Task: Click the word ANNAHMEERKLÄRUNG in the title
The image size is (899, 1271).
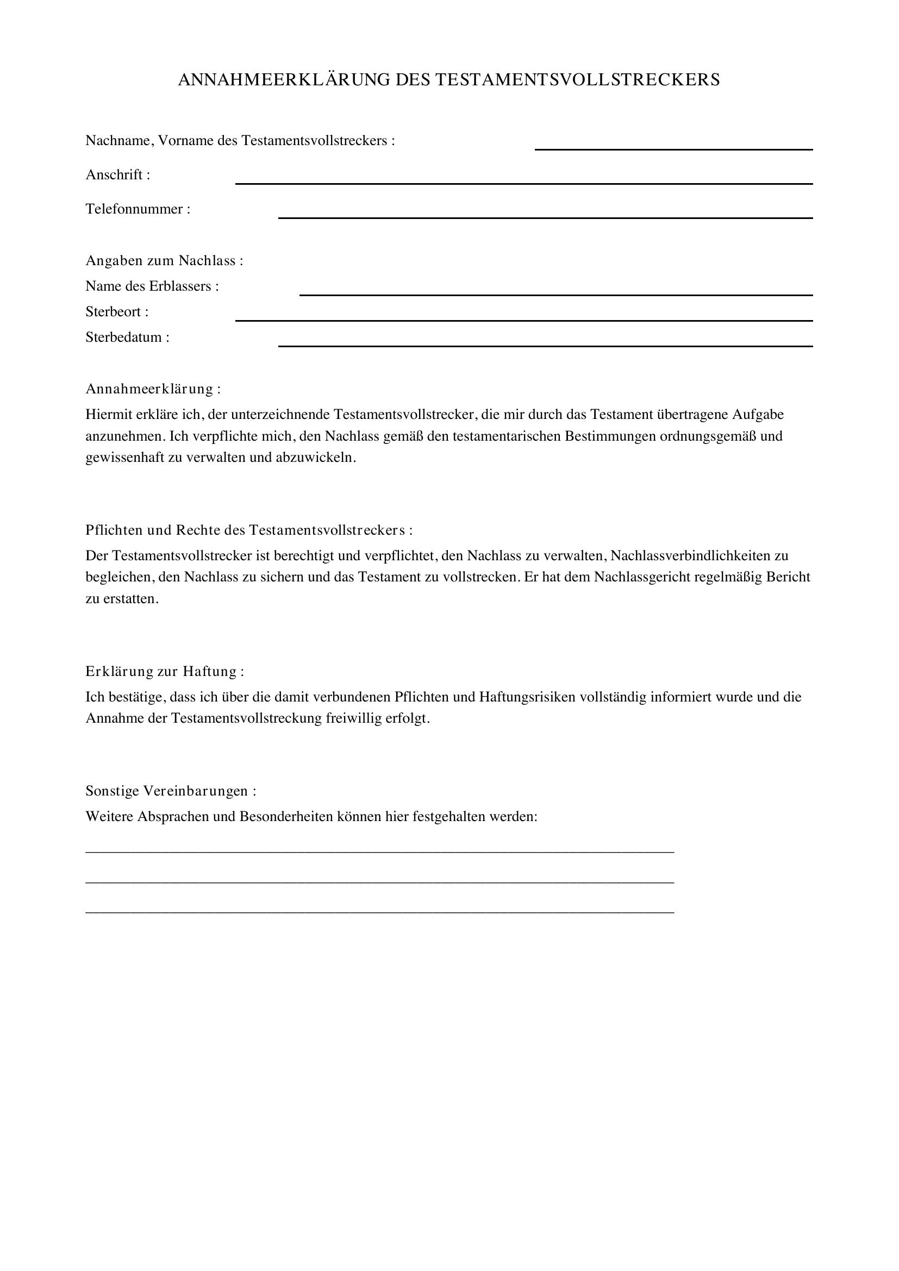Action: pyautogui.click(x=284, y=80)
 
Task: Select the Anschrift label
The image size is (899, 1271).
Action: pyautogui.click(x=117, y=175)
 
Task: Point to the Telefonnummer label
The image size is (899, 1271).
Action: pyautogui.click(x=138, y=209)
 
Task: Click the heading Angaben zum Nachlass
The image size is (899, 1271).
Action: pyautogui.click(x=164, y=260)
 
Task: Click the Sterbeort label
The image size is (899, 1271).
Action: pyautogui.click(x=117, y=312)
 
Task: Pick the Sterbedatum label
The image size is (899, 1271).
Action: pyautogui.click(x=127, y=337)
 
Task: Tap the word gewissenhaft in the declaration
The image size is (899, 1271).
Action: pyautogui.click(x=124, y=459)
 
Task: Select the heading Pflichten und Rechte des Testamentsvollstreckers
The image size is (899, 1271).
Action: pyautogui.click(x=248, y=530)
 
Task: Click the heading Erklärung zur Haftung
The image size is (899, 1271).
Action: pyautogui.click(x=164, y=672)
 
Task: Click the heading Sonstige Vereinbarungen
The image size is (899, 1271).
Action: pyautogui.click(x=171, y=791)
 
